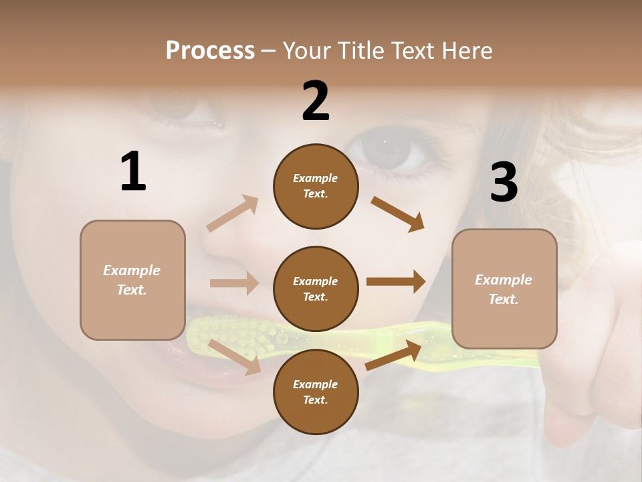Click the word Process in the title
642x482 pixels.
(210, 51)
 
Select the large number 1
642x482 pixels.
(133, 171)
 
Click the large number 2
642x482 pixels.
(316, 101)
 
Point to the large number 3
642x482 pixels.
(504, 182)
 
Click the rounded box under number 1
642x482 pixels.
(132, 280)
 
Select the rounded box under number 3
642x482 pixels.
(504, 289)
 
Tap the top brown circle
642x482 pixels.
(316, 186)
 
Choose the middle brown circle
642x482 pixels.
(316, 289)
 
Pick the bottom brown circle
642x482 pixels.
(316, 392)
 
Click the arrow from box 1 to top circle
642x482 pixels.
(233, 213)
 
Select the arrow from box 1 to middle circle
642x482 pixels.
(234, 283)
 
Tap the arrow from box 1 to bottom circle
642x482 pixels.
(235, 357)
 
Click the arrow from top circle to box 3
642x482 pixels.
(398, 214)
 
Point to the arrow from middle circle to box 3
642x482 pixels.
(396, 282)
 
